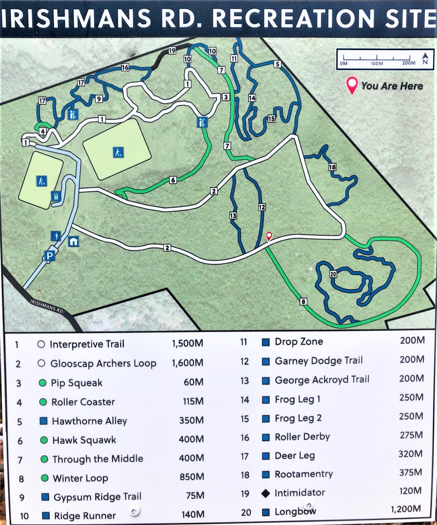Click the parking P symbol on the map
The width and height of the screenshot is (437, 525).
click(x=50, y=256)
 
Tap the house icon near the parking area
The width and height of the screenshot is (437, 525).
click(x=73, y=241)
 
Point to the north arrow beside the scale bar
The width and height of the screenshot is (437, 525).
click(x=425, y=58)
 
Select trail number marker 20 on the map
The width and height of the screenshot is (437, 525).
click(x=333, y=274)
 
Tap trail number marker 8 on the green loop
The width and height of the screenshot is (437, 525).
click(x=303, y=301)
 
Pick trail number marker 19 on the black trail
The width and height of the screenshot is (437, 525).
click(x=172, y=51)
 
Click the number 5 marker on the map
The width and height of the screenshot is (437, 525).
click(x=277, y=64)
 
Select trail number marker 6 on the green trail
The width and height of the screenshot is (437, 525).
click(x=173, y=180)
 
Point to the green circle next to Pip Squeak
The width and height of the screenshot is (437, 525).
click(x=43, y=383)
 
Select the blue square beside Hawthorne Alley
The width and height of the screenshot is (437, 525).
click(x=43, y=421)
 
